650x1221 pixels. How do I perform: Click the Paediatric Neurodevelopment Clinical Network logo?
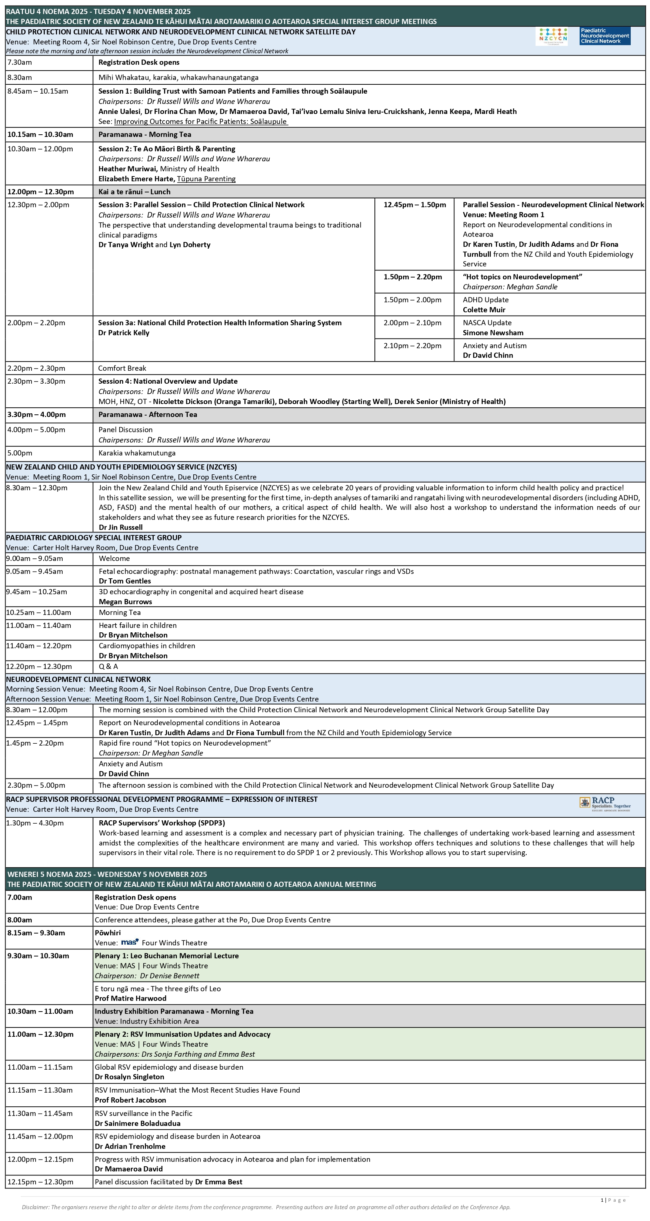[x=605, y=36]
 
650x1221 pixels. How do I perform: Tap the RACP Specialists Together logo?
[x=605, y=804]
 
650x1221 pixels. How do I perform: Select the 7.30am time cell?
[x=20, y=62]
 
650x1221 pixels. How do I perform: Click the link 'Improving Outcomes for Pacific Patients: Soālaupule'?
[x=200, y=121]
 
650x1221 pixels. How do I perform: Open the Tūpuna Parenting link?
[x=206, y=179]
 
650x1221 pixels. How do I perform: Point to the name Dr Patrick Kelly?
[x=123, y=333]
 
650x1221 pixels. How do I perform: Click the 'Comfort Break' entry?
[x=122, y=368]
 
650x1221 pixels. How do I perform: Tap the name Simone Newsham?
[x=493, y=333]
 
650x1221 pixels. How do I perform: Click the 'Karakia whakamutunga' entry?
[x=137, y=453]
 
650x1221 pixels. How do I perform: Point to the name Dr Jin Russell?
[x=120, y=527]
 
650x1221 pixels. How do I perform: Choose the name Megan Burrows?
[x=125, y=602]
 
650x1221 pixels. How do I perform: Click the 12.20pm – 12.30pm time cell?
[x=39, y=666]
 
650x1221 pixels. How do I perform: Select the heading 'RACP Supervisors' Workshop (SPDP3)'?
[x=162, y=823]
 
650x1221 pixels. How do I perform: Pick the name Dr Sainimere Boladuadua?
[x=137, y=1123]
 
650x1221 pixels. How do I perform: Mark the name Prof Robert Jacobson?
[x=130, y=1100]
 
